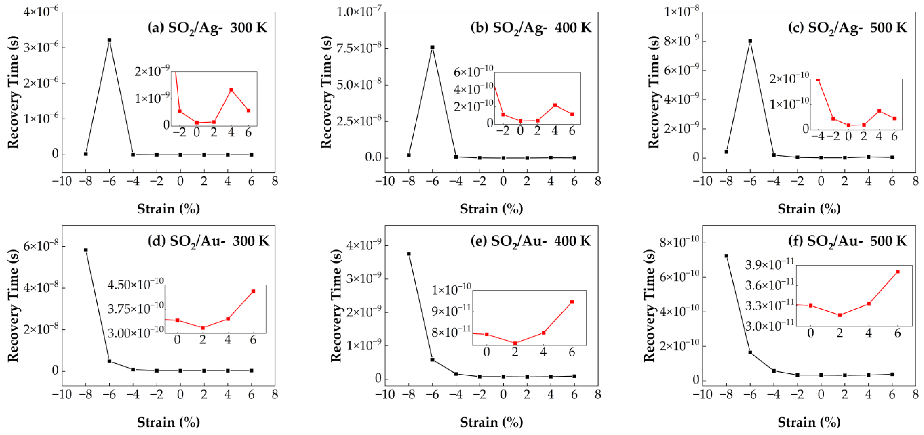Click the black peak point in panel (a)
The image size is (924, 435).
(109, 40)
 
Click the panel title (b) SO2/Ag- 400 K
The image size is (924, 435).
(531, 28)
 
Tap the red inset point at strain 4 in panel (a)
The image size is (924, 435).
(231, 90)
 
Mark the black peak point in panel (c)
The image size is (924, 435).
(750, 41)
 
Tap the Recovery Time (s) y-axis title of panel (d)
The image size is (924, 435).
(13, 305)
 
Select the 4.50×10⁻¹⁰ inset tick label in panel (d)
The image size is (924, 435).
(135, 285)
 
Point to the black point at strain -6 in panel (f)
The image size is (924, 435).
(750, 352)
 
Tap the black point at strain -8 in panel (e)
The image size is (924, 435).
(409, 254)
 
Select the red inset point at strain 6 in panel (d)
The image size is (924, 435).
(253, 291)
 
